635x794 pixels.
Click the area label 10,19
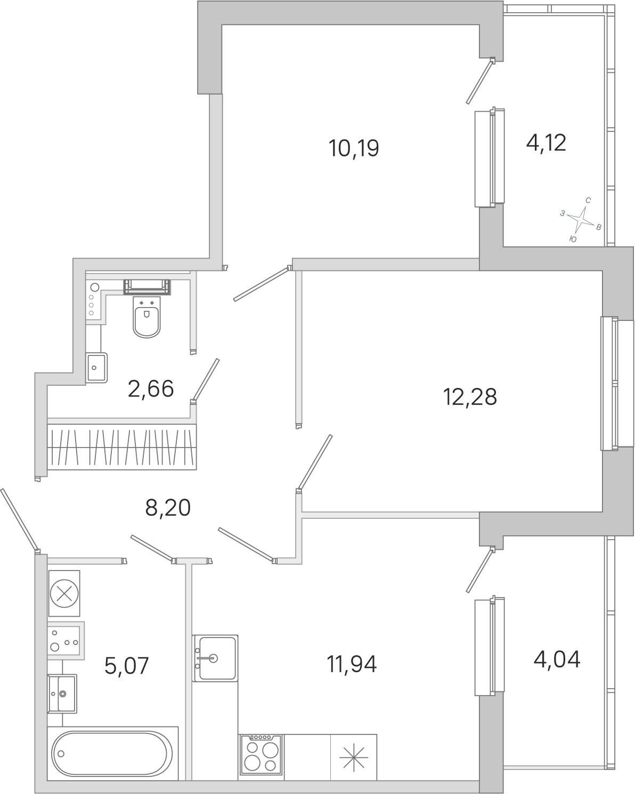tap(354, 148)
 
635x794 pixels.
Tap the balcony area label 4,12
tap(546, 143)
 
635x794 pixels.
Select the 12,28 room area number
tap(470, 398)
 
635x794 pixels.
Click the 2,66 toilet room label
tap(151, 389)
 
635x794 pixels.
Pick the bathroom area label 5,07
tap(127, 665)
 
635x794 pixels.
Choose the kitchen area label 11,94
tap(352, 664)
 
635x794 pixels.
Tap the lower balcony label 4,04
tap(557, 659)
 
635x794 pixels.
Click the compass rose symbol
tap(581, 220)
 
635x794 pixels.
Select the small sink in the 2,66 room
tap(96, 368)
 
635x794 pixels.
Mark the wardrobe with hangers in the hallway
tap(122, 447)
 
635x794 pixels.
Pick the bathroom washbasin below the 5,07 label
tap(62, 693)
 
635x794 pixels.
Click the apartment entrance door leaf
tap(19, 520)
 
